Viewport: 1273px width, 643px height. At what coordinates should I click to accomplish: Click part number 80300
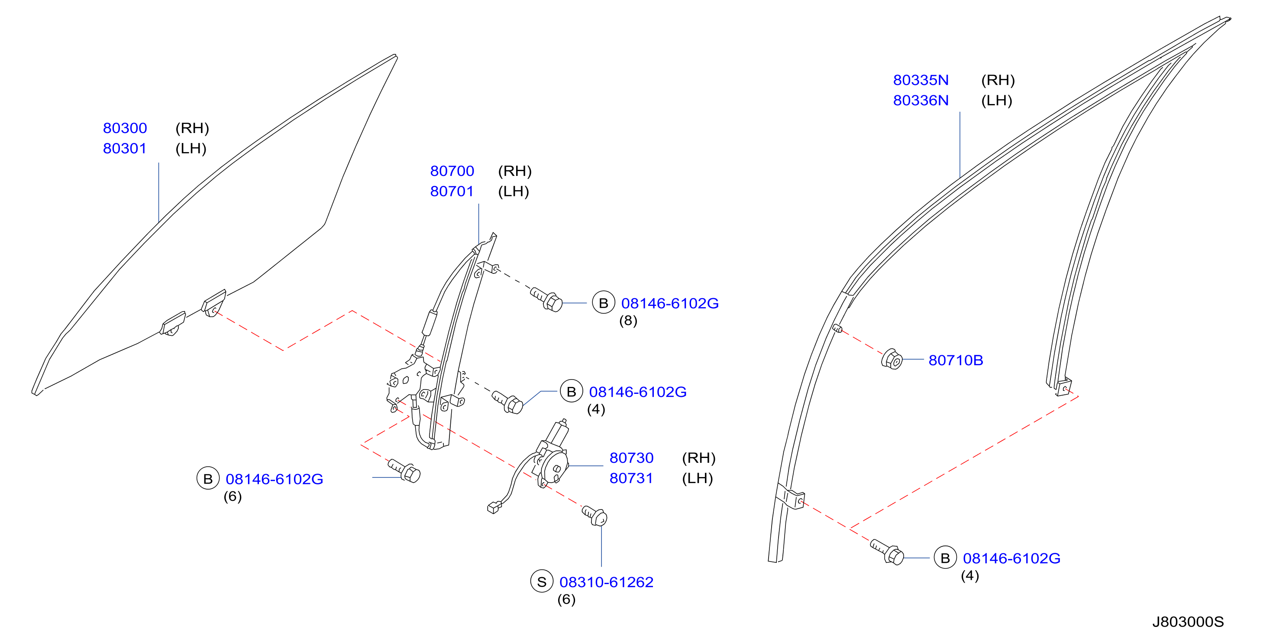coord(125,128)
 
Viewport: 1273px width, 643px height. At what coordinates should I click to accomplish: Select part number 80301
coord(125,148)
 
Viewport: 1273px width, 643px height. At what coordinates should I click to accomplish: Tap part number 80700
coord(452,171)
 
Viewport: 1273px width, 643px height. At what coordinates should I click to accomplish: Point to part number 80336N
coord(921,101)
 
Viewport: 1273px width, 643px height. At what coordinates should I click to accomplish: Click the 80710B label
coord(956,360)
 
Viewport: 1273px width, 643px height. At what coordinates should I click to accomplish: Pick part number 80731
coord(631,478)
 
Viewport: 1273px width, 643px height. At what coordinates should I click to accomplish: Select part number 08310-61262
coord(606,582)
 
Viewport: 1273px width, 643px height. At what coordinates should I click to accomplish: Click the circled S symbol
coord(542,581)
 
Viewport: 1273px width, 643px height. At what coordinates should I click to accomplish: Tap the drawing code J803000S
coord(1188,622)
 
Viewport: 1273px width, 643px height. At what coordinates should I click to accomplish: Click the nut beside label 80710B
coord(892,359)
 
